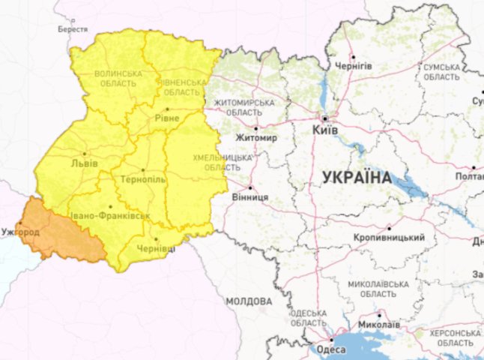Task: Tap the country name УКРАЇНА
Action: (x=357, y=178)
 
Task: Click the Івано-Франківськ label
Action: (x=109, y=216)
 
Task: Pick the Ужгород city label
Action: (x=21, y=232)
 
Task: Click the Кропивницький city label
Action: (x=388, y=238)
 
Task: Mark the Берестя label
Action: (x=73, y=30)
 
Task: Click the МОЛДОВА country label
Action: (x=248, y=301)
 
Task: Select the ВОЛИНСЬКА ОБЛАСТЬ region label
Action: (x=118, y=78)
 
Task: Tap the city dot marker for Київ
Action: (x=324, y=118)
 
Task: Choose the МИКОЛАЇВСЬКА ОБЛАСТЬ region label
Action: (x=378, y=289)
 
